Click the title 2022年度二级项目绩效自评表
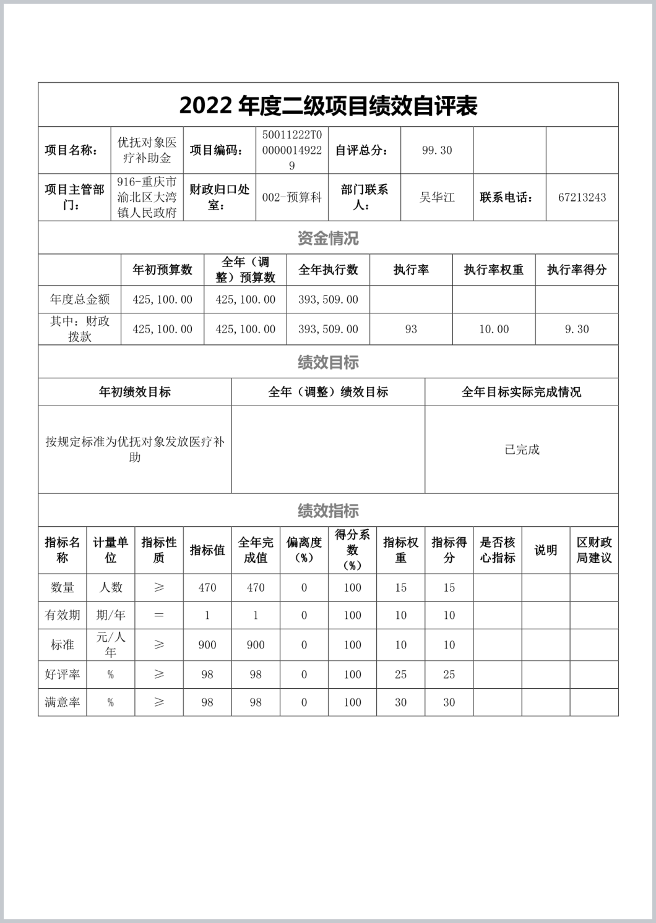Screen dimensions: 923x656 (328, 106)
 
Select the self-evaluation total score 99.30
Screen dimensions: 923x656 (437, 150)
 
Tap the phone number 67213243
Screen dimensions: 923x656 (582, 198)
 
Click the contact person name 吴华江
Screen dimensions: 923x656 (437, 198)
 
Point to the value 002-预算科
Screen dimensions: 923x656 (292, 198)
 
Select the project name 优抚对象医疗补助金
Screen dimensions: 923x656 (147, 150)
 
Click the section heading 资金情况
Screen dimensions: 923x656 (328, 238)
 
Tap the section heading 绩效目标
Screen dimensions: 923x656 (328, 362)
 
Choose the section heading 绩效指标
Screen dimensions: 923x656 (328, 511)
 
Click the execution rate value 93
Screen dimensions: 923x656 (411, 330)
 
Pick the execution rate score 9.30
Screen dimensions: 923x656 (577, 330)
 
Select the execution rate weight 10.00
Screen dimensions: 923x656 (494, 330)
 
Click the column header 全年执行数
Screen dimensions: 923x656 (328, 270)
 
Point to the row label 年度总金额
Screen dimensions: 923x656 (80, 300)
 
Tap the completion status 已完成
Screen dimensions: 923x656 (522, 450)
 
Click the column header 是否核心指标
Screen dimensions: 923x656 (498, 550)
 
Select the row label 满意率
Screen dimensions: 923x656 (63, 702)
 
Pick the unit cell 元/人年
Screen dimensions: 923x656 (111, 645)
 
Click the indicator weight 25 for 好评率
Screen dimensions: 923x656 (401, 674)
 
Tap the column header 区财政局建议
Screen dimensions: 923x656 (594, 550)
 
